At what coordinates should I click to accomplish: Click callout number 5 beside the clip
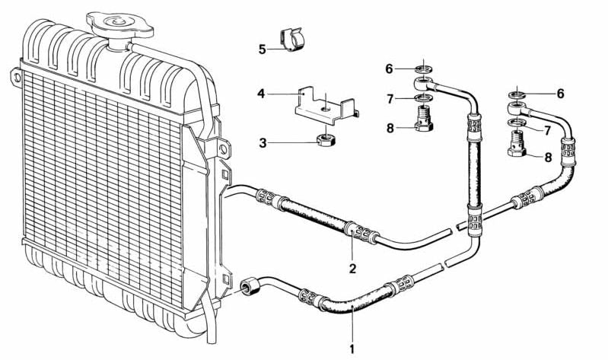point(263,49)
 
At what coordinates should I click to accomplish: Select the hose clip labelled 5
point(291,39)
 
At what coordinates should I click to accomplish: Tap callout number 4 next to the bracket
point(261,94)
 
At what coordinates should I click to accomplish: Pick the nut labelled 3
point(326,139)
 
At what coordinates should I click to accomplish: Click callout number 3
point(263,143)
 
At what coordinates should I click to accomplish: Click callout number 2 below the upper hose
point(352,269)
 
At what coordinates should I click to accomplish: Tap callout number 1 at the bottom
point(352,349)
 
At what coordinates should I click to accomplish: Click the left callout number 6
point(389,69)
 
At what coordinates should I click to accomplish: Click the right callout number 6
point(560,94)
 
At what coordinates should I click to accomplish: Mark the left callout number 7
point(390,99)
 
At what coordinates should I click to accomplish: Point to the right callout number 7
point(547,130)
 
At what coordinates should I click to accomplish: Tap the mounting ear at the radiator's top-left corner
point(16,77)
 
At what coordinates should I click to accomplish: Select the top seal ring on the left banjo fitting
point(424,70)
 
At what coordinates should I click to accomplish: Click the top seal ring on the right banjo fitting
point(517,94)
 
